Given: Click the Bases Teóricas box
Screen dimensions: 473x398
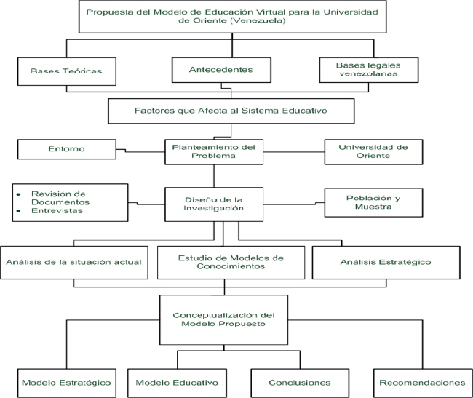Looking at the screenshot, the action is (x=67, y=71).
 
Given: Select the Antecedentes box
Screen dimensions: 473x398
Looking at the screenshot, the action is (x=221, y=70).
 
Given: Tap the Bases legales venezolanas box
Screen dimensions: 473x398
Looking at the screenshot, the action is (x=369, y=70).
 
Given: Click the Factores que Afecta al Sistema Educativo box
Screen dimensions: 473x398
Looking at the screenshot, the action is (x=231, y=111).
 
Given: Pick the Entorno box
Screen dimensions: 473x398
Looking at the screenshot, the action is (x=67, y=149).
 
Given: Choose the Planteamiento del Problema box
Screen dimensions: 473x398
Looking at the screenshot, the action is (x=214, y=151).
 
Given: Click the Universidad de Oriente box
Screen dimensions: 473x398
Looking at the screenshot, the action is (x=373, y=151).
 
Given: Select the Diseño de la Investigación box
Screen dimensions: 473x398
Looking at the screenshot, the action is (x=214, y=204).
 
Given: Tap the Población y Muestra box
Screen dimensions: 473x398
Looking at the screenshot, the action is (x=373, y=202).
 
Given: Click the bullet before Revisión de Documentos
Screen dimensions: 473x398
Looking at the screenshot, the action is (x=19, y=194).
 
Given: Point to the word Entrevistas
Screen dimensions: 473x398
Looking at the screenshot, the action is (x=57, y=211).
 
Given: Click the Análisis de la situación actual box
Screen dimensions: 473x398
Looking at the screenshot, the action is (x=74, y=263).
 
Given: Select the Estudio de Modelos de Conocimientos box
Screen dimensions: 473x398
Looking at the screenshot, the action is (x=231, y=263).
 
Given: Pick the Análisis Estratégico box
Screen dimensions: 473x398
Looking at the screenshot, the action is (x=386, y=263).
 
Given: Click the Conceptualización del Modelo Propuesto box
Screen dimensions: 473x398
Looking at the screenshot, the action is (x=223, y=320).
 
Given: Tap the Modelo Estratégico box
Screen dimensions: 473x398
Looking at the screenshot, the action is (x=67, y=383).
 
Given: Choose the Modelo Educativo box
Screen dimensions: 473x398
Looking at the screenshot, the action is (x=177, y=383).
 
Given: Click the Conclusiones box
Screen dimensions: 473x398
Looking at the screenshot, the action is (x=300, y=383).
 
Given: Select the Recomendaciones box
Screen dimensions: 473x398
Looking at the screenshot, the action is (x=423, y=383).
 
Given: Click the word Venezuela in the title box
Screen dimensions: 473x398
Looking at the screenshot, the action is (x=258, y=21).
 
